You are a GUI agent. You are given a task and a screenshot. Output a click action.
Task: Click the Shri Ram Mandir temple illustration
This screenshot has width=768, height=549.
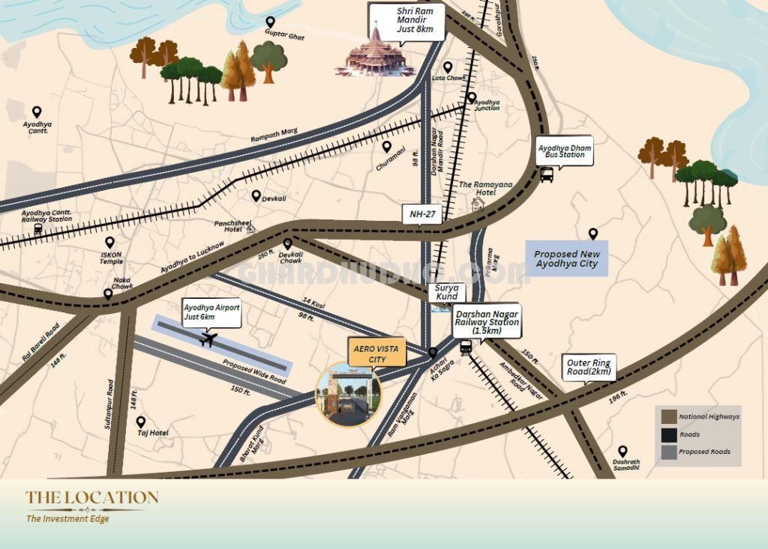tap(375, 53)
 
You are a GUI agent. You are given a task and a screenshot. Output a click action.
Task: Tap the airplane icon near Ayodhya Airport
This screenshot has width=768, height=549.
tap(208, 340)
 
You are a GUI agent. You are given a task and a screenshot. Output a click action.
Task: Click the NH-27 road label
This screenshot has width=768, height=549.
tap(423, 214)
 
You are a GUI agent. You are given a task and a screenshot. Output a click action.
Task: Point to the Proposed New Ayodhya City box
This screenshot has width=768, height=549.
tap(566, 259)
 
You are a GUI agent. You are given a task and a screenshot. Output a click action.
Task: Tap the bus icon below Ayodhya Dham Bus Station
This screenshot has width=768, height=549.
tap(547, 175)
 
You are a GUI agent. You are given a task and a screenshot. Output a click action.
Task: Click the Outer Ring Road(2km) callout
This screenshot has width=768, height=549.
tap(590, 367)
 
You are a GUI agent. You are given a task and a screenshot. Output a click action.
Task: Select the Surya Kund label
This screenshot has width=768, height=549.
tap(447, 292)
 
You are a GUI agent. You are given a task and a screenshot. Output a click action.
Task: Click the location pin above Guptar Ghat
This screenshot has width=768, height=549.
tap(270, 22)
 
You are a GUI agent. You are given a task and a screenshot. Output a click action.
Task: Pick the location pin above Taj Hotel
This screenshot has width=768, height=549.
tap(140, 422)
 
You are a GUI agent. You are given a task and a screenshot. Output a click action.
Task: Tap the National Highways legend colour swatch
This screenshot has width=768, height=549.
tap(667, 416)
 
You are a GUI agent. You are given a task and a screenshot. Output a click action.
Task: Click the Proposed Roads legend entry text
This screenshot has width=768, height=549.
tap(704, 452)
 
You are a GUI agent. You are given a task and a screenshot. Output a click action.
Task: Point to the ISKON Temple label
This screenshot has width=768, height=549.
tap(110, 258)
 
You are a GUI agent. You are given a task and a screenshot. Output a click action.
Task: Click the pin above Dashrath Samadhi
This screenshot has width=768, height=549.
tap(622, 451)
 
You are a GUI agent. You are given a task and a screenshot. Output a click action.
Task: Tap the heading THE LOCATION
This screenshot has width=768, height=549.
tap(92, 497)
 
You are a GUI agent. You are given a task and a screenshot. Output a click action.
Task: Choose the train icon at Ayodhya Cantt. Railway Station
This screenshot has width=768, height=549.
tap(38, 228)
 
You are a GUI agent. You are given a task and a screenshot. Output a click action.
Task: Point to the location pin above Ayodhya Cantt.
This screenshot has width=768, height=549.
tap(36, 112)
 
